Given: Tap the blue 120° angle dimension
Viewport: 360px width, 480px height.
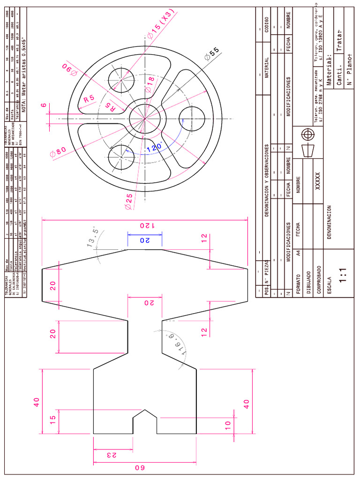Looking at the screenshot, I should coord(154,147).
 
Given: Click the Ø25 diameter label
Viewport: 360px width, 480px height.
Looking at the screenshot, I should coord(128,200).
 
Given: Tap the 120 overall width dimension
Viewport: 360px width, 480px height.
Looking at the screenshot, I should coord(145,225).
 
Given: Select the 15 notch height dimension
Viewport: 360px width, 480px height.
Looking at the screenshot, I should coord(52,417).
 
